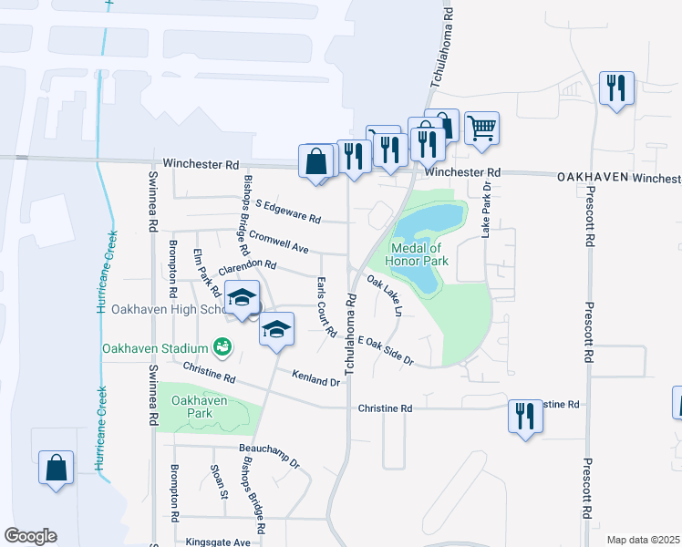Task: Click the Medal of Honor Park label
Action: point(417,253)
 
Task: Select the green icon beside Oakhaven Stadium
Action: point(221,346)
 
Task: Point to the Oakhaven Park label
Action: point(199,407)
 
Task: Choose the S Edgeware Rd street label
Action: point(288,212)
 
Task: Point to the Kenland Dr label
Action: point(315,377)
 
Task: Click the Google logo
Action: point(30,536)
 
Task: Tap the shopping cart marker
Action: point(481,128)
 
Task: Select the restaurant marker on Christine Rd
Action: point(525,416)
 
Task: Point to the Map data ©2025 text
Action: point(642,540)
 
